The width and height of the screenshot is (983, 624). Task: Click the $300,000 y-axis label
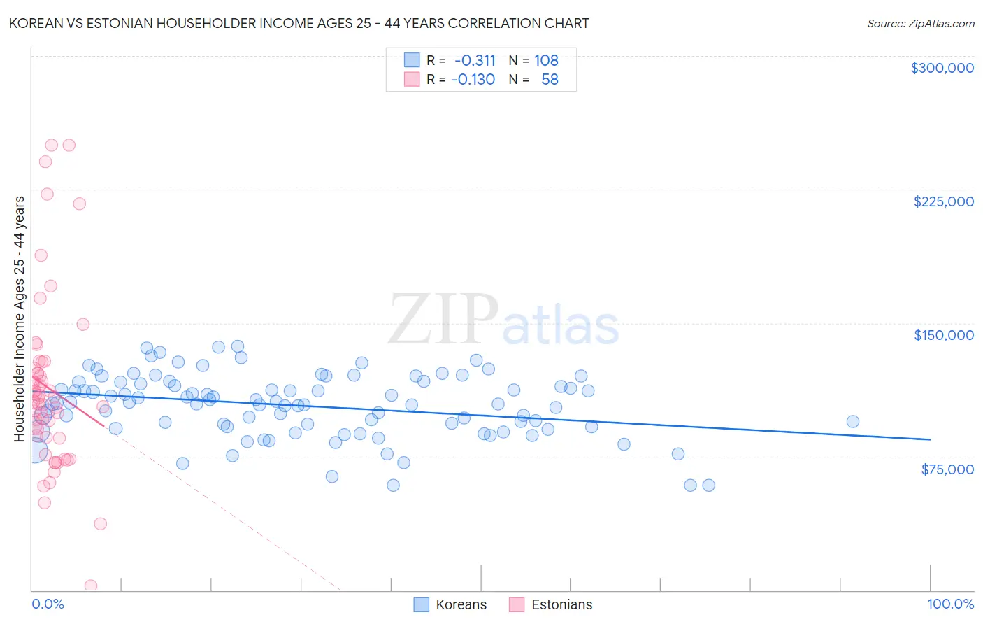[x=942, y=68]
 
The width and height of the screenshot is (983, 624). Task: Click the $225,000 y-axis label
[x=943, y=201]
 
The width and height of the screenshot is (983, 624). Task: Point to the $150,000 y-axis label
[x=943, y=335]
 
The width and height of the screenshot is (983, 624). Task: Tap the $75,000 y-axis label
[x=947, y=469]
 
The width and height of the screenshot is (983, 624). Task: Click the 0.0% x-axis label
[x=48, y=604]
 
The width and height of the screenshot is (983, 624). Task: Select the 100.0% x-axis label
[x=950, y=604]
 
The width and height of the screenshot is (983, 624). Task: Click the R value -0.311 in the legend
[x=475, y=60]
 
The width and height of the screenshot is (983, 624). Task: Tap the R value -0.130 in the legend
[x=473, y=79]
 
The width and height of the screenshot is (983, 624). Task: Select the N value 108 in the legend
[x=546, y=60]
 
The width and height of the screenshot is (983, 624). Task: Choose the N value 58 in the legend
[x=550, y=79]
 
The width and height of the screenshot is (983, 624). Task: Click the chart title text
[x=299, y=23]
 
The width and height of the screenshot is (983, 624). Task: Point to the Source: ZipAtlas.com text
[x=920, y=23]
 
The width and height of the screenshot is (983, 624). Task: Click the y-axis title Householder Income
[x=20, y=318]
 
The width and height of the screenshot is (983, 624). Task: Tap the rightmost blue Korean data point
[x=852, y=421]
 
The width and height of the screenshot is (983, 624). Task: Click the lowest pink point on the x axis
[x=90, y=586]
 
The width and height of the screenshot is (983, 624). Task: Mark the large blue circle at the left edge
[x=35, y=451]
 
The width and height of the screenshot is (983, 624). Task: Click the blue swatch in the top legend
[x=412, y=60]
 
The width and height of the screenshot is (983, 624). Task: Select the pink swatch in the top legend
[x=412, y=79]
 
